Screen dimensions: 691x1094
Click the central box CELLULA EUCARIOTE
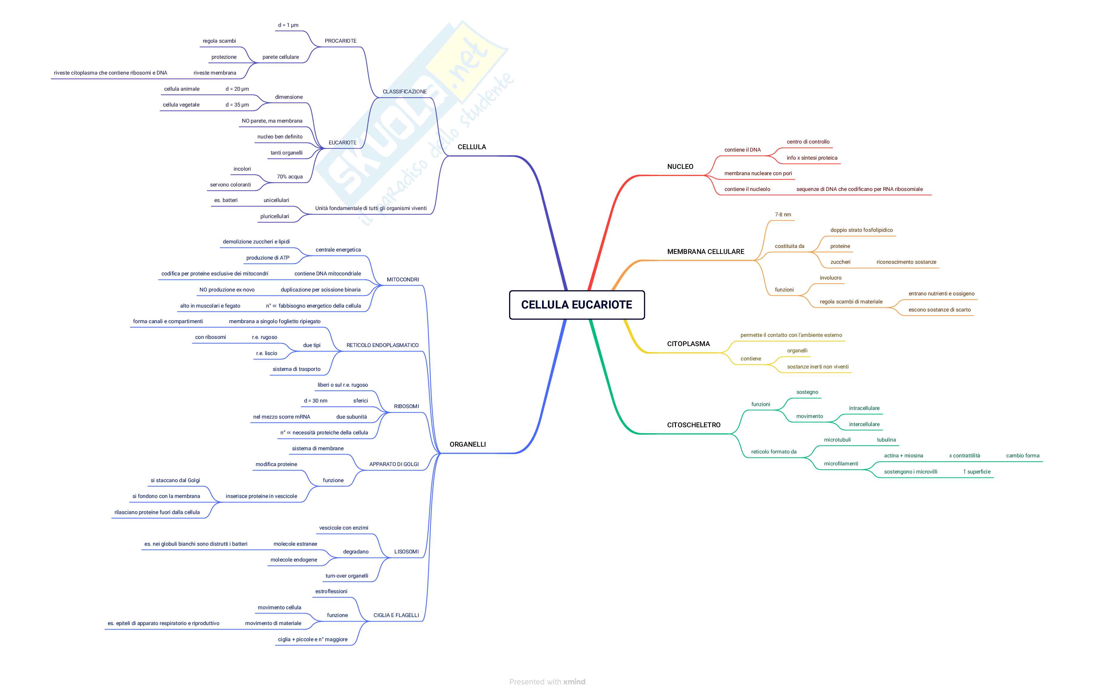[577, 305]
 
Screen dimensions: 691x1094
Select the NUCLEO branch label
[680, 167]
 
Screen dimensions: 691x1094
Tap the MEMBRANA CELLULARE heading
[705, 252]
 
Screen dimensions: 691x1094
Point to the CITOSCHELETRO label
[693, 425]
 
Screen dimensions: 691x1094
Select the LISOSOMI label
[406, 552]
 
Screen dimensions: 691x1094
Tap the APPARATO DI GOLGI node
[394, 464]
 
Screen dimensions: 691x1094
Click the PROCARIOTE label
[340, 41]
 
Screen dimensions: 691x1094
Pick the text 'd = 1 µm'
[288, 25]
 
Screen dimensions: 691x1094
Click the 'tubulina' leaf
[886, 440]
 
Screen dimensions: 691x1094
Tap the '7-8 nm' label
[783, 215]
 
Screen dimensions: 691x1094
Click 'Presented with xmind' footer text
[547, 681]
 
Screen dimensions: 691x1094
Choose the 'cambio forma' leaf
[1022, 456]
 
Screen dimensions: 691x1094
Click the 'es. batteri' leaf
[226, 200]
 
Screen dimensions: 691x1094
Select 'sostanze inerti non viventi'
[817, 367]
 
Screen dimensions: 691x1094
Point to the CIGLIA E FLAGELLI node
[396, 616]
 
